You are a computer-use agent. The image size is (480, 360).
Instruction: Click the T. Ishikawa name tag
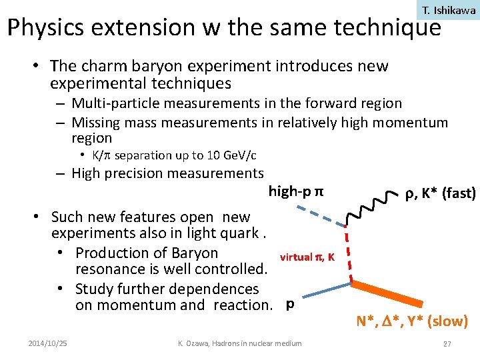point(449,10)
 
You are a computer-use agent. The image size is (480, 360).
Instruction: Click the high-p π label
point(296,192)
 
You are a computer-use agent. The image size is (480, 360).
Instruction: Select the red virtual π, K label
point(307,257)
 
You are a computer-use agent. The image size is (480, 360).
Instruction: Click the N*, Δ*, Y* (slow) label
point(412,322)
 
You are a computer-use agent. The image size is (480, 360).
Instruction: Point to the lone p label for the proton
point(289,304)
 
